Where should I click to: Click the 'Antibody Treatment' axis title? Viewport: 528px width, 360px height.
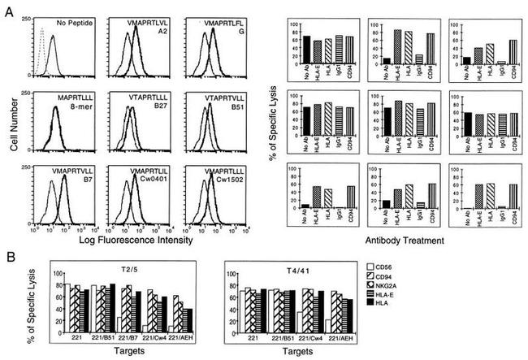(x=400, y=240)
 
